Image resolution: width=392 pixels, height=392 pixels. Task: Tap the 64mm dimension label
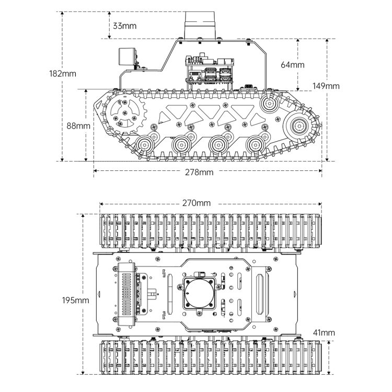tap(292, 65)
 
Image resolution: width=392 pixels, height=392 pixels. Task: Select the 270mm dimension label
tap(197, 203)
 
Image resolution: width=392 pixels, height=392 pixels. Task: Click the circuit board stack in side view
tap(209, 70)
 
